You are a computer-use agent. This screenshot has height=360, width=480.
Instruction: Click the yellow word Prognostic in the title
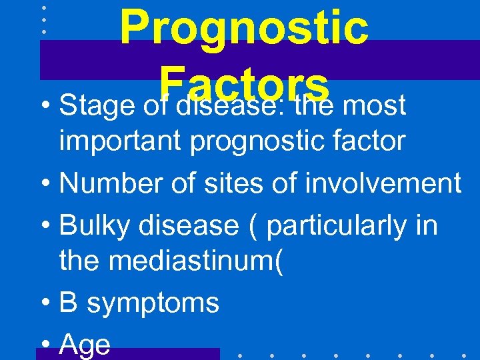click(244, 27)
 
